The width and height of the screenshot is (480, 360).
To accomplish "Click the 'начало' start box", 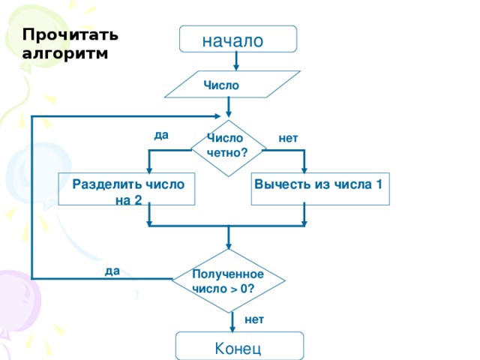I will pos(238,39).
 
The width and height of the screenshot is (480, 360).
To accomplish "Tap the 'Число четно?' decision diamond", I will pos(228,145).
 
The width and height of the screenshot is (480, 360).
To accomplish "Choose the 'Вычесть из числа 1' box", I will pos(320,188).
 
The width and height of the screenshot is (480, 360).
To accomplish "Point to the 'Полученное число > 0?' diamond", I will pos(228,280).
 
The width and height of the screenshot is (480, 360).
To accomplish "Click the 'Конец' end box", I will pos(239,347).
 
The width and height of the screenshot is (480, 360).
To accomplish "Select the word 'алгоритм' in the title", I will pos(64,53).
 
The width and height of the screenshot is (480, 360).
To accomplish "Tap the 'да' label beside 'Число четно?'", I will pos(161,136).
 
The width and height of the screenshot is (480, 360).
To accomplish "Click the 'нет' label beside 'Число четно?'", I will pos(288,138).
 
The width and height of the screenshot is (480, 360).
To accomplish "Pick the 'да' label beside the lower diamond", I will pos(112,271).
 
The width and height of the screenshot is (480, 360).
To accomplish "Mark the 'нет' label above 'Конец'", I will pos(254,319).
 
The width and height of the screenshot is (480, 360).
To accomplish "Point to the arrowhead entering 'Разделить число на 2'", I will pos(150,169).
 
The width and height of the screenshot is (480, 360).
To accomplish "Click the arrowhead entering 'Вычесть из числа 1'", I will pos(304,169).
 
